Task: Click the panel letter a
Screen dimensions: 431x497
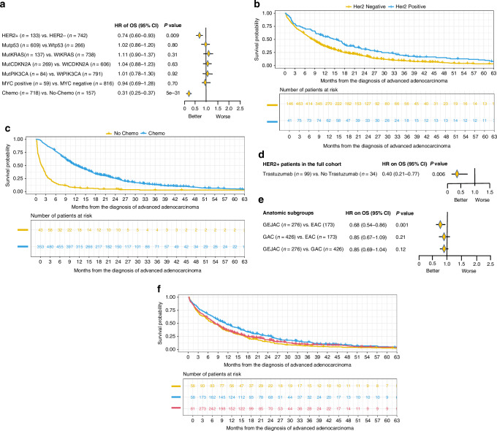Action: click(x=4, y=6)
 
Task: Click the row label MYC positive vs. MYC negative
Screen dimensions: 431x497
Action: click(x=48, y=83)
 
